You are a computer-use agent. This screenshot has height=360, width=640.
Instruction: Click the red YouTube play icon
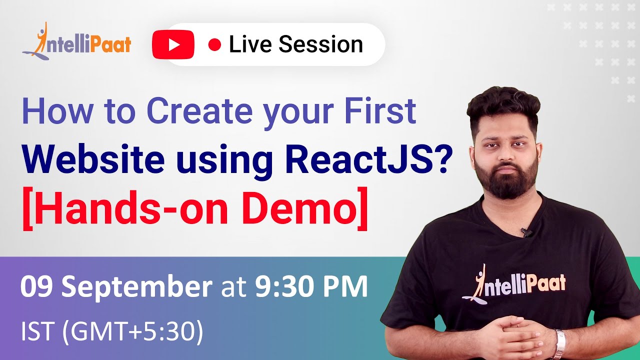pyautogui.click(x=173, y=44)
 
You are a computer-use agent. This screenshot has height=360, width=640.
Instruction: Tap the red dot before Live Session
pyautogui.click(x=214, y=45)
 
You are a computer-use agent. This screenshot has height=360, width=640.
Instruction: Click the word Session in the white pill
pyautogui.click(x=320, y=44)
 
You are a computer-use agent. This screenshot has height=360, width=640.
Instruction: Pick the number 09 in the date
pyautogui.click(x=37, y=287)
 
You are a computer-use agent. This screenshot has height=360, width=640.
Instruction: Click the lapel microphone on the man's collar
pyautogui.click(x=525, y=232)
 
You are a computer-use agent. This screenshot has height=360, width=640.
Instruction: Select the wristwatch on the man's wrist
pyautogui.click(x=560, y=342)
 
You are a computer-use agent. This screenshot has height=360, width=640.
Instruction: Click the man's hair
pyautogui.click(x=502, y=100)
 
